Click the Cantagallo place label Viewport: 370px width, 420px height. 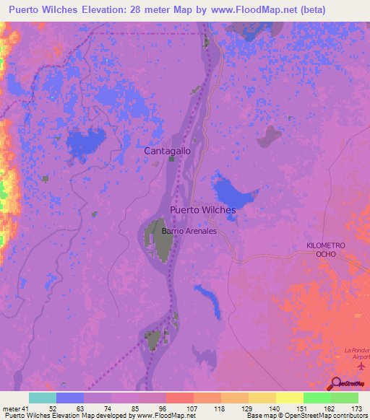tap(168, 151)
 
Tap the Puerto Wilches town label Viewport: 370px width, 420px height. tap(202, 209)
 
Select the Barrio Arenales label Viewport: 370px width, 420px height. tap(189, 231)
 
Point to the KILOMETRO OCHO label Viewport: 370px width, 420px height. tap(327, 251)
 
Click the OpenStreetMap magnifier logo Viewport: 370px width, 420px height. tap(335, 384)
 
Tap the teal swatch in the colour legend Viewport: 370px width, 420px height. tap(42, 398)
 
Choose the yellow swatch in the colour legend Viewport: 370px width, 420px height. tap(289, 398)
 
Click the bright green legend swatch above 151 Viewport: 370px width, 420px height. tap(317, 398)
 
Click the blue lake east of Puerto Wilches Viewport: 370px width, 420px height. tap(235, 193)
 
